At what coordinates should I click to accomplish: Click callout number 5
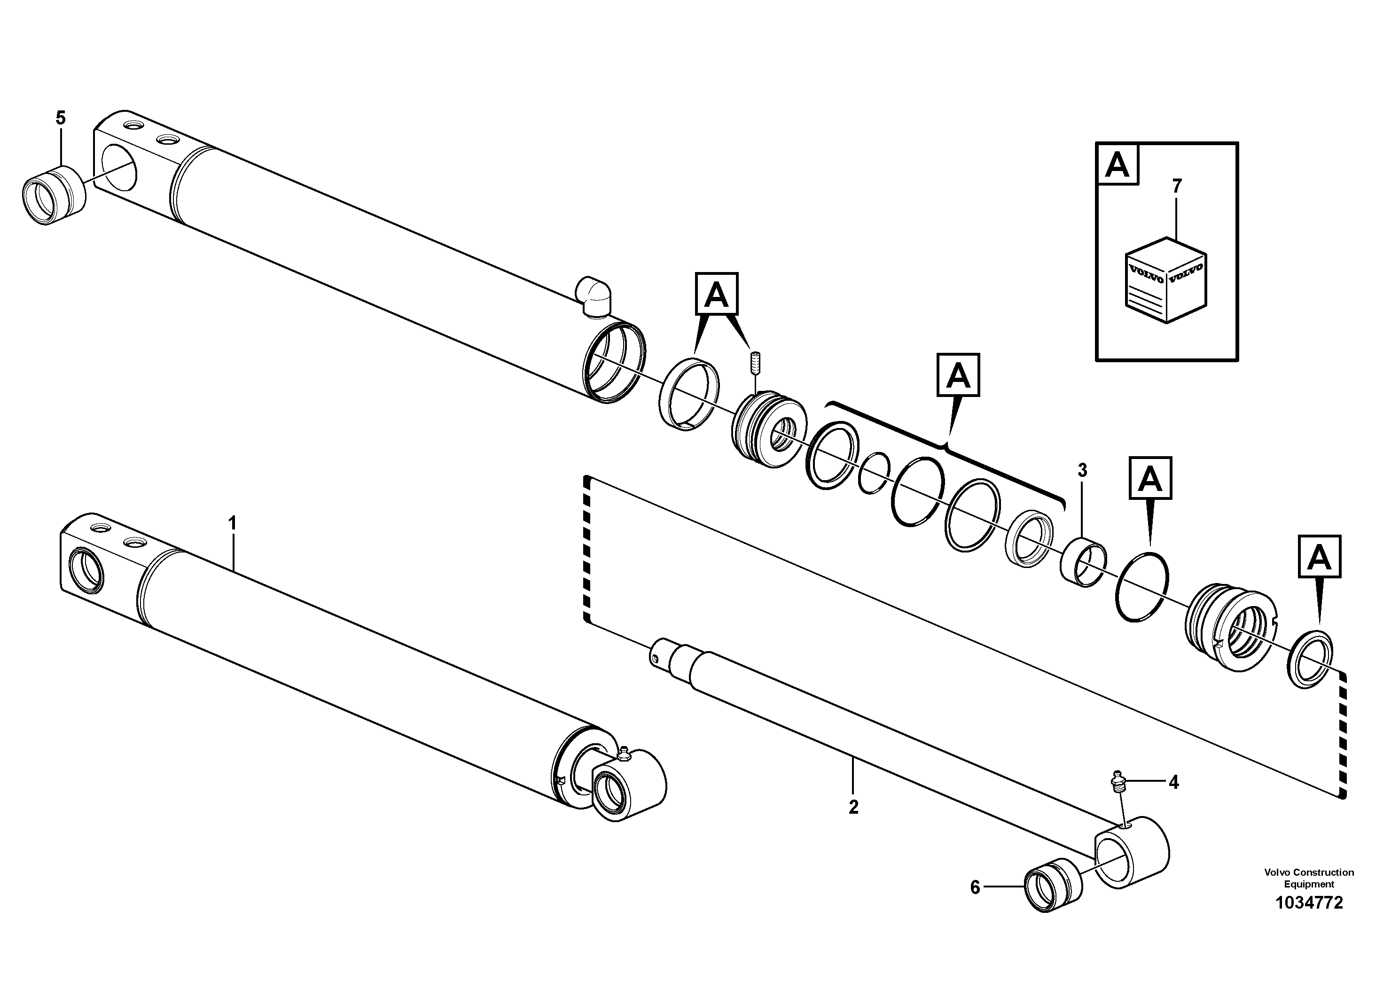(60, 117)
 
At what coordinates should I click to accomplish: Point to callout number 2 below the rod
(853, 807)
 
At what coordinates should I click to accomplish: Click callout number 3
(1082, 470)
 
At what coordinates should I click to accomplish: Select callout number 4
(1173, 782)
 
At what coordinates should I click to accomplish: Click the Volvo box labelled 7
(1165, 280)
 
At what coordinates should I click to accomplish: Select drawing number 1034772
(1309, 902)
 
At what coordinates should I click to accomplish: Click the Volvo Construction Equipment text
(1309, 878)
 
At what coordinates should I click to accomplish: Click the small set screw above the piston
(754, 364)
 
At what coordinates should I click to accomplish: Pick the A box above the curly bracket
(958, 375)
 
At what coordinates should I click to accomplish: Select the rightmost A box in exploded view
(1319, 556)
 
